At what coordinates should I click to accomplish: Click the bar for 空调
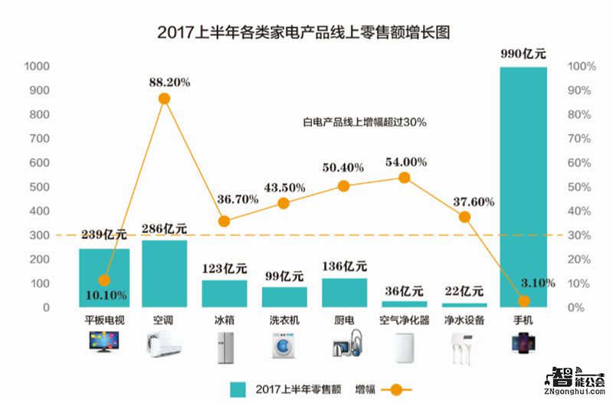164,274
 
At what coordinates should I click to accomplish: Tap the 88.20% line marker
164,98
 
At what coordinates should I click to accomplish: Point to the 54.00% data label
405,162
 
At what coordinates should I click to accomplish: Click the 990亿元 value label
524,54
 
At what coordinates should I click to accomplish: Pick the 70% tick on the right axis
577,139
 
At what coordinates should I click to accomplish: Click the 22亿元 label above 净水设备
464,291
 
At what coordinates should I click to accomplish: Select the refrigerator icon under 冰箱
225,346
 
